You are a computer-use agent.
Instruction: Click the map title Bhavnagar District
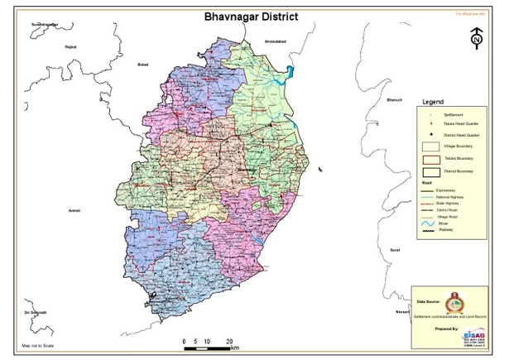252,16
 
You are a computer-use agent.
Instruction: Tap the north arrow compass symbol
477,38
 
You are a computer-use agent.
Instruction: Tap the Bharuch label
394,99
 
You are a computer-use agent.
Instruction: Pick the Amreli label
74,211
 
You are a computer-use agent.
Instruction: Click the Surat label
395,248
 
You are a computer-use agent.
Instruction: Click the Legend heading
433,102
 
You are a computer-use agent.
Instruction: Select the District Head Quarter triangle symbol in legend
431,134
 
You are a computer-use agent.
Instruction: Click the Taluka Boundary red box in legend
431,158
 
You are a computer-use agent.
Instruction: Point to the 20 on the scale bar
228,341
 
